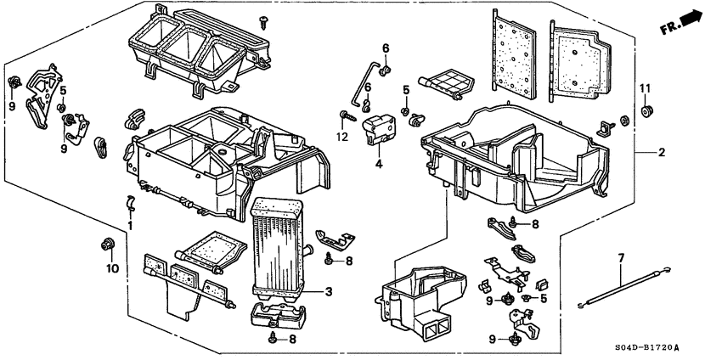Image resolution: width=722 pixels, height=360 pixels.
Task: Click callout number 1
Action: (130, 226)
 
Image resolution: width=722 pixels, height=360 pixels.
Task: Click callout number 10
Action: (108, 269)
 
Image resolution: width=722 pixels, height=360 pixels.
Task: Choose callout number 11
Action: (644, 87)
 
